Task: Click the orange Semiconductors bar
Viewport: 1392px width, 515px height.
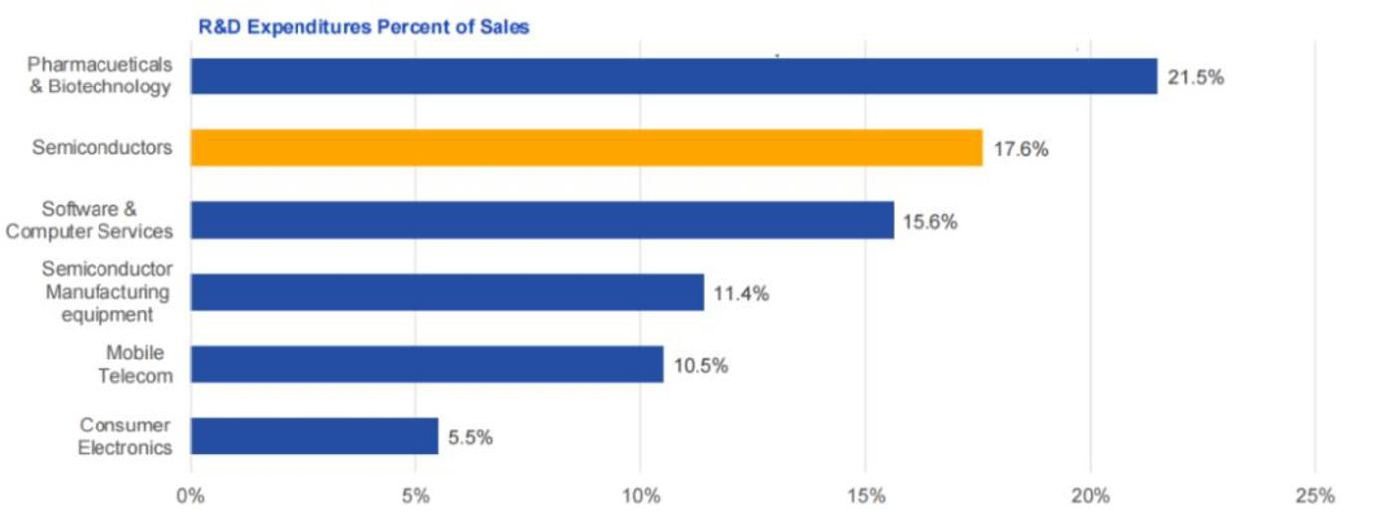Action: tap(586, 148)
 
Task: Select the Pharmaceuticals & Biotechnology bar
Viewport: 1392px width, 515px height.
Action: tap(674, 77)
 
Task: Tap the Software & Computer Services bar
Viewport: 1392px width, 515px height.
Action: tap(541, 221)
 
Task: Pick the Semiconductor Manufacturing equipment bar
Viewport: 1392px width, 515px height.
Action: tap(447, 293)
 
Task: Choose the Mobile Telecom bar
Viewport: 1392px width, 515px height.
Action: tap(426, 365)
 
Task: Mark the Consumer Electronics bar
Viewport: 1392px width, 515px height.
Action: tap(313, 436)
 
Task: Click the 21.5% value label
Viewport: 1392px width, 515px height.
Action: tap(1195, 78)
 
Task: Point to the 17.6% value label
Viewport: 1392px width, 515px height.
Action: tap(1020, 150)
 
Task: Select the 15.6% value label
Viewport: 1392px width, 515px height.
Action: tap(930, 222)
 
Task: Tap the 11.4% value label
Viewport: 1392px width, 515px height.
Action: tap(741, 294)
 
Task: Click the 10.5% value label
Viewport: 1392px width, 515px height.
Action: tap(700, 366)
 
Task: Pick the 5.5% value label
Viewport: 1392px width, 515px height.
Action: tap(470, 437)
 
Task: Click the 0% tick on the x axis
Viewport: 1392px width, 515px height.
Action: tap(190, 495)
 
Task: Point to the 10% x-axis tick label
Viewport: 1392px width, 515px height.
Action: tap(641, 495)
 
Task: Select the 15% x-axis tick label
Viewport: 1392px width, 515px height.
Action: tap(866, 495)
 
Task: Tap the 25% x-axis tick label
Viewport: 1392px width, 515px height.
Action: tap(1315, 495)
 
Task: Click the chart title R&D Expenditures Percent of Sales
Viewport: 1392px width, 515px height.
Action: tap(364, 27)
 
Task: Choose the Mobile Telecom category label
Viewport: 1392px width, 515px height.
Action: tap(138, 364)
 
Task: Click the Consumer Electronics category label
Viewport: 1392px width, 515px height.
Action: tap(125, 435)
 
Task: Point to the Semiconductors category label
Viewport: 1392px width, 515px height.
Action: tap(101, 148)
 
